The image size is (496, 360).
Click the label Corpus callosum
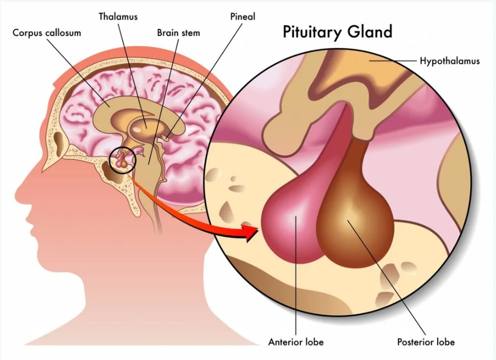click(47, 33)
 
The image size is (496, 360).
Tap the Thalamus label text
click(118, 16)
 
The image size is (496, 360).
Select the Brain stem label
click(178, 33)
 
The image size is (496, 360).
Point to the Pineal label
click(242, 16)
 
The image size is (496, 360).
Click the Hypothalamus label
click(450, 61)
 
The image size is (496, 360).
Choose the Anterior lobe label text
click(296, 342)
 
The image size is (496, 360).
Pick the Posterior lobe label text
click(426, 342)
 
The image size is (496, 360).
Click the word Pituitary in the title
click(313, 33)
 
